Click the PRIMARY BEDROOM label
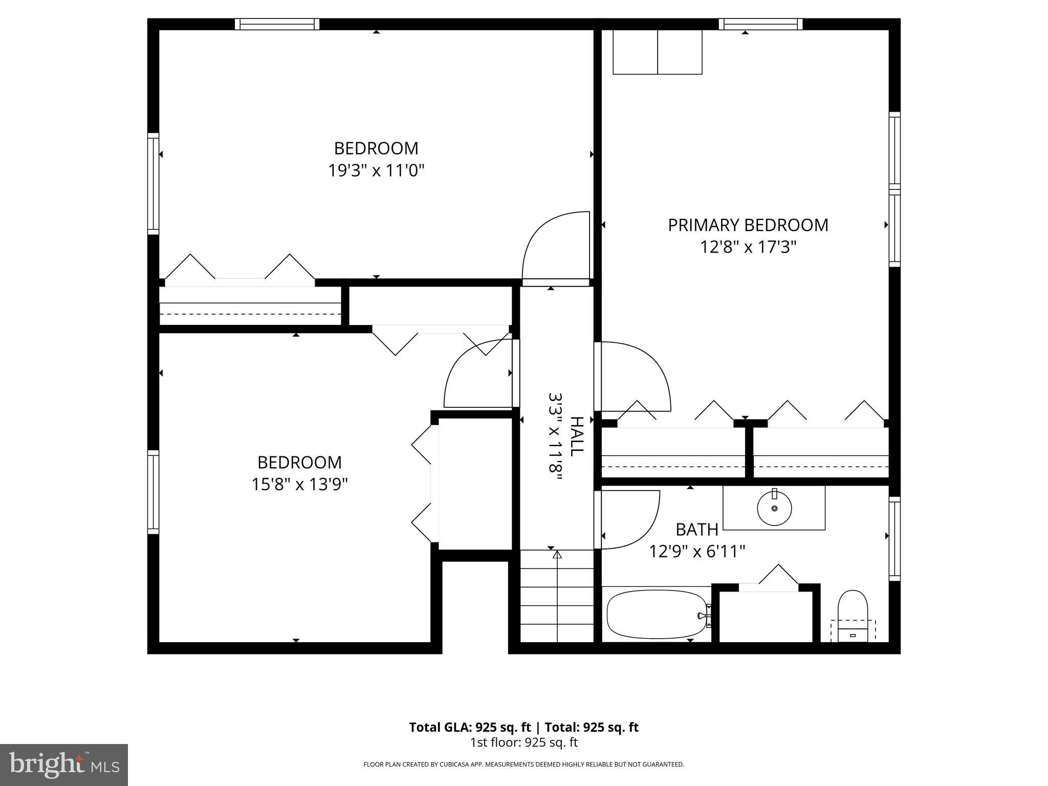pos(748,225)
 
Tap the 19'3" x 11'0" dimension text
pos(376,170)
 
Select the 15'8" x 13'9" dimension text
pos(299,484)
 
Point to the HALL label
pos(576,436)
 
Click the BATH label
pos(696,529)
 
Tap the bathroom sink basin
pos(774,508)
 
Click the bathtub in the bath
pos(657,615)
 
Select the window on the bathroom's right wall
pos(894,538)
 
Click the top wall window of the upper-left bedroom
pos(277,24)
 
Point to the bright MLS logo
pos(63,765)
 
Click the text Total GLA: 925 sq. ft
pos(469,727)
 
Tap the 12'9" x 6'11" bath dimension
pos(696,552)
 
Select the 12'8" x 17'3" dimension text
pos(748,248)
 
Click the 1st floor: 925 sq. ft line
pos(523,742)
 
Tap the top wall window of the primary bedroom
pos(760,24)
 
